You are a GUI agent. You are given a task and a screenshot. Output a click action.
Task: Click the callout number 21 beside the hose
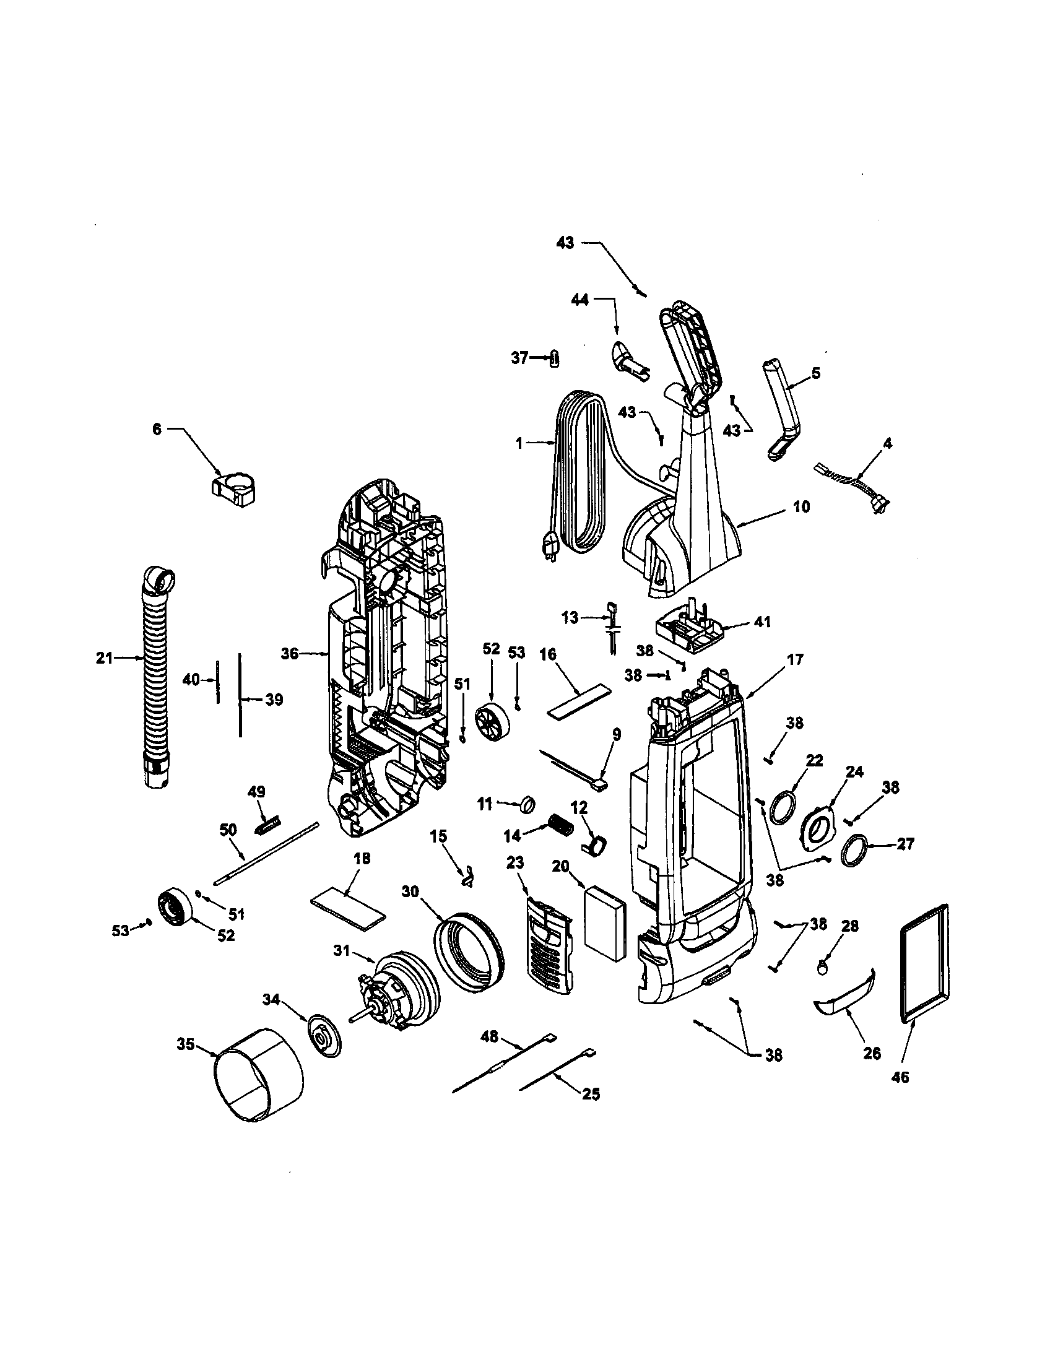tap(104, 657)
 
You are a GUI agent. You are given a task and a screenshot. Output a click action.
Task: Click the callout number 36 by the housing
tap(290, 653)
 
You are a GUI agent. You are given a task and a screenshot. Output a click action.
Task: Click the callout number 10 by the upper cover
tap(802, 506)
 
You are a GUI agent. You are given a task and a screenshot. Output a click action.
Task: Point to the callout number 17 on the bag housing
tap(796, 659)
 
